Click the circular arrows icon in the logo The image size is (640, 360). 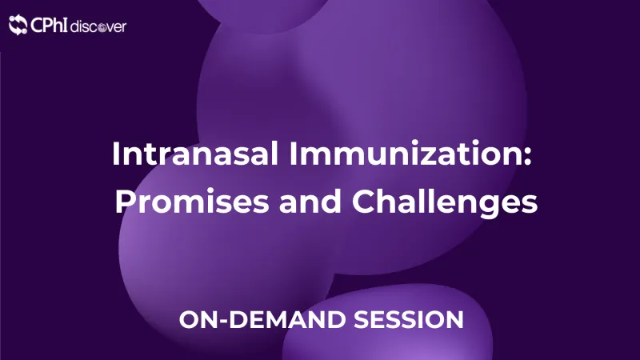18,26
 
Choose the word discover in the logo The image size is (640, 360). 98,26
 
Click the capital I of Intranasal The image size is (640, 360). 116,153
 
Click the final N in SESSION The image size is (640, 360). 454,319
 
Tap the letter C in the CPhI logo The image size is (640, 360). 37,26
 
